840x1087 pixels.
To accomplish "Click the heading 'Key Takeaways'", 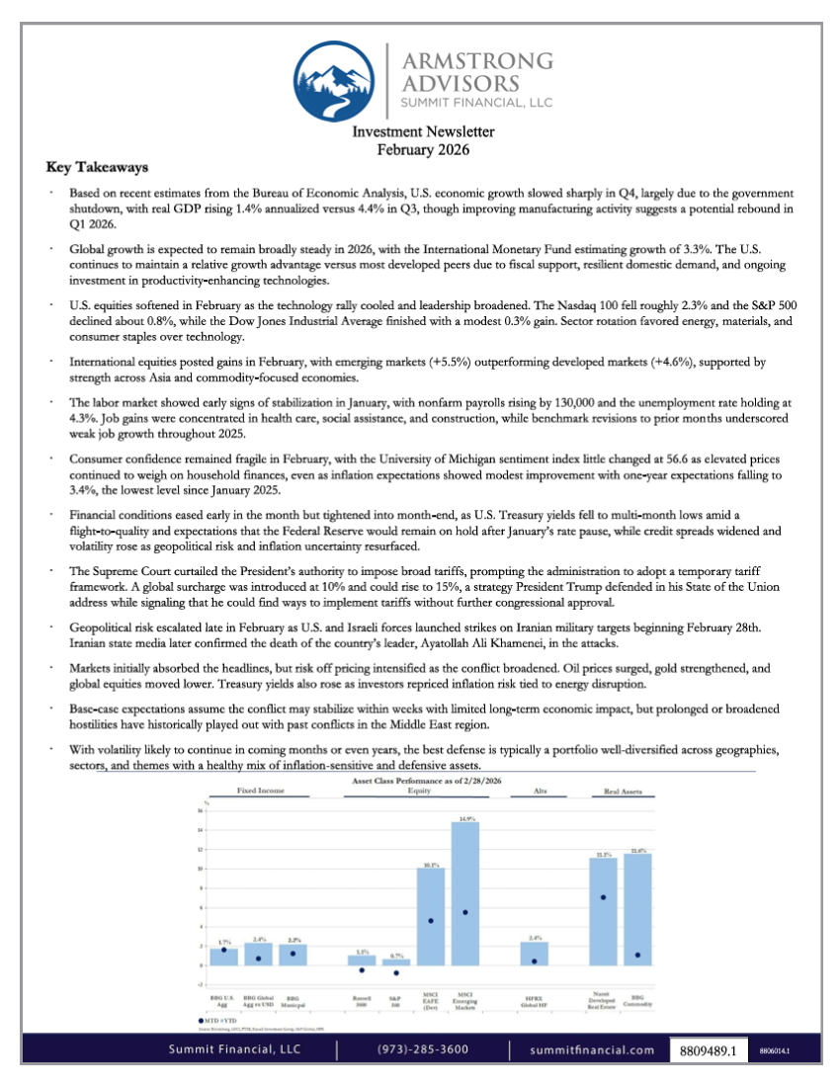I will (97, 167).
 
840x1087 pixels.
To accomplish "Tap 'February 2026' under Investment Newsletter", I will (423, 149).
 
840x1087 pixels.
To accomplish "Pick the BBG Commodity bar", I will (637, 909).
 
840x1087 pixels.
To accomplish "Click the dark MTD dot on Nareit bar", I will (603, 897).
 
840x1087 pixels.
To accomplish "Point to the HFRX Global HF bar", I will (534, 954).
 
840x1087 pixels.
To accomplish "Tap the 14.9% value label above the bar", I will (465, 818).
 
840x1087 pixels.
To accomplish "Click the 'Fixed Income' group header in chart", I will (258, 792).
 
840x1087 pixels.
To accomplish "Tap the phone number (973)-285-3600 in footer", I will (423, 1049).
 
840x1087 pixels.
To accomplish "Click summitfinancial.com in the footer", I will (592, 1049).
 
